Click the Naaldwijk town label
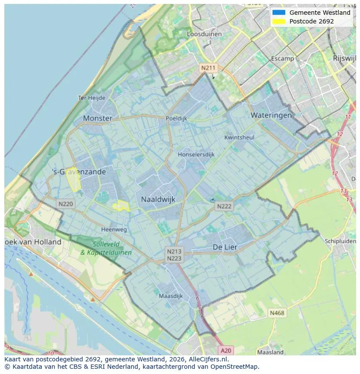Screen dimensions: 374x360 click(x=158, y=199)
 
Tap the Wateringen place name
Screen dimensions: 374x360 click(x=271, y=115)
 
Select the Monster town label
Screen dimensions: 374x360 click(x=97, y=118)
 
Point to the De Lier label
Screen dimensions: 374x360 click(x=225, y=247)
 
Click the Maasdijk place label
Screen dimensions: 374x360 click(x=171, y=296)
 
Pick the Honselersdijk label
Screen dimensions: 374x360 click(x=196, y=154)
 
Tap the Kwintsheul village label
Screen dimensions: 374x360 click(x=239, y=137)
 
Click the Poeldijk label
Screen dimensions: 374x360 click(x=176, y=118)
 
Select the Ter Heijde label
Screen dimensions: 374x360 click(x=91, y=98)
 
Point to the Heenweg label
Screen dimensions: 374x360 click(x=114, y=229)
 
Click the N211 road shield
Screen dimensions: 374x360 click(x=207, y=68)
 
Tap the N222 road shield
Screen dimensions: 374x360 click(x=224, y=206)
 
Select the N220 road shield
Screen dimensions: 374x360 click(x=66, y=204)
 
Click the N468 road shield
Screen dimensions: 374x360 click(x=277, y=313)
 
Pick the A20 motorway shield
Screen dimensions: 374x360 click(x=226, y=350)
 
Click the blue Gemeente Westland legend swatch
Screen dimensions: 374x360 click(x=279, y=13)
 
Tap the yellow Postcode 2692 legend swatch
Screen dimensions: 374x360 click(x=279, y=21)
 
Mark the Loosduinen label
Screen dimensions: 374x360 click(x=204, y=34)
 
